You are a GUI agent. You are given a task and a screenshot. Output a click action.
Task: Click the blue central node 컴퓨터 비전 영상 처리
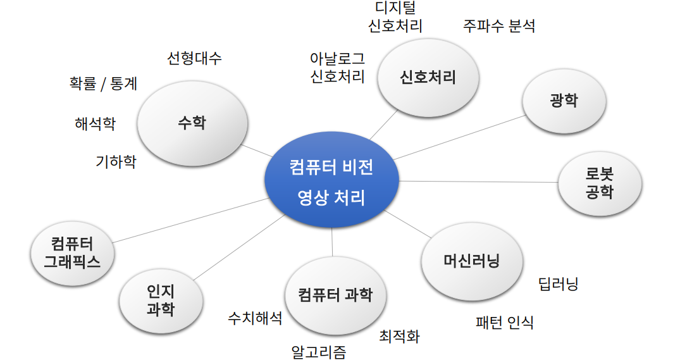coord(331,182)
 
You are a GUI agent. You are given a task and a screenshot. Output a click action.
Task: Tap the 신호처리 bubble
coord(428,78)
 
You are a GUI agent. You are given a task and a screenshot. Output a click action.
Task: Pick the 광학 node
coord(564,101)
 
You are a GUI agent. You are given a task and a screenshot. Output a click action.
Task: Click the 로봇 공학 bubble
coord(599,183)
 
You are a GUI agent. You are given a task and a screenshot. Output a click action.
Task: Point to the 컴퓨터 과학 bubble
coord(335,295)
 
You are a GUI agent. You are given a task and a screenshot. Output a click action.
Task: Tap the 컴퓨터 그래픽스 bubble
coord(73,252)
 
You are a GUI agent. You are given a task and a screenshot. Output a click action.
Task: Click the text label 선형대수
coord(194,59)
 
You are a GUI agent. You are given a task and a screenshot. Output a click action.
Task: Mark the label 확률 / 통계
coord(103,84)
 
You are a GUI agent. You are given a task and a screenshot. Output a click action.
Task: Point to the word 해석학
coord(95,123)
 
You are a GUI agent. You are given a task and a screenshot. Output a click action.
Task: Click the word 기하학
coord(116,162)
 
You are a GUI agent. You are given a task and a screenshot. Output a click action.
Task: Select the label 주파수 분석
coord(499,27)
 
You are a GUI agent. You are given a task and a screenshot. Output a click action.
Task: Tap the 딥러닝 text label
coord(558,283)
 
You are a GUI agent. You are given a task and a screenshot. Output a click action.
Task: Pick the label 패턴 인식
coord(504,323)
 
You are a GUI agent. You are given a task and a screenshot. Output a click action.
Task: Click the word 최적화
coord(399,336)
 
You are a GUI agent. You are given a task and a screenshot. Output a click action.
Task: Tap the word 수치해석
coord(255,318)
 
